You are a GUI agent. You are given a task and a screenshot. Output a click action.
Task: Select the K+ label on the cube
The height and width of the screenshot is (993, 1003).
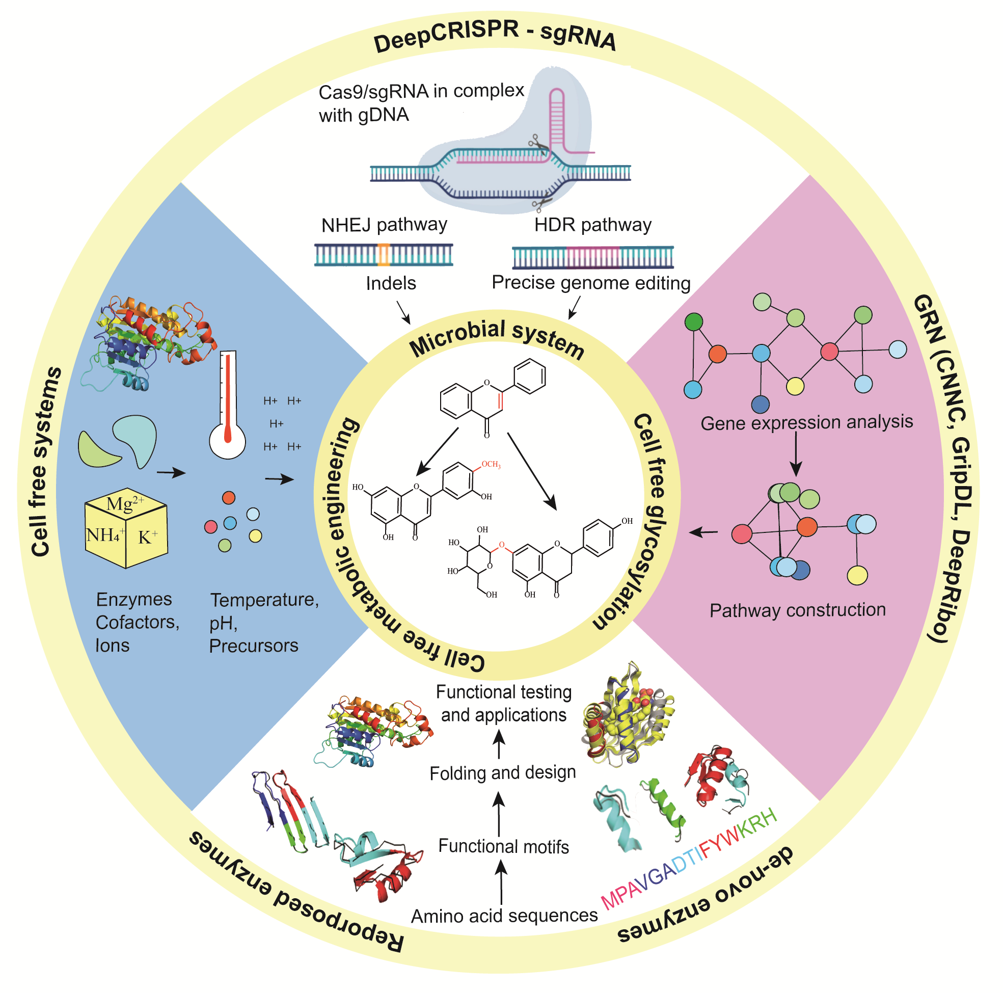tap(147, 537)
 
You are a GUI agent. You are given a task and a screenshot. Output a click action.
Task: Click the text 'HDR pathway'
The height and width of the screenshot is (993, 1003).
tap(592, 225)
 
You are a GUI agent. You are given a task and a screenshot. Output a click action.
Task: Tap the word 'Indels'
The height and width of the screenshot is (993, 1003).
tap(390, 283)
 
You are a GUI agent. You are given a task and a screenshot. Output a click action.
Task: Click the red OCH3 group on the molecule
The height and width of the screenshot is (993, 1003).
tap(490, 464)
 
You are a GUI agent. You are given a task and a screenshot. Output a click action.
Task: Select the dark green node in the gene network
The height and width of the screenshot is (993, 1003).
tap(694, 322)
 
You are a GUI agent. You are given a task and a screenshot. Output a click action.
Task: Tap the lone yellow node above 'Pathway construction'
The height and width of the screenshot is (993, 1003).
tap(857, 575)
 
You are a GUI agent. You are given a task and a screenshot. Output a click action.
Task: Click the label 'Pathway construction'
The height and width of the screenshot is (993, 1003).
tap(797, 610)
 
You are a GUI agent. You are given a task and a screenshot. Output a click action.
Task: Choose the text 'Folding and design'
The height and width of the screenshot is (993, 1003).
tap(503, 773)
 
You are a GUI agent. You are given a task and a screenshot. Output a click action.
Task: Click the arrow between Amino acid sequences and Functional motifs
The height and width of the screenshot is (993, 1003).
tap(501, 883)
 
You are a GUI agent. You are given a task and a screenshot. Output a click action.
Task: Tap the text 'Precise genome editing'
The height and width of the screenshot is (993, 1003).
tap(591, 283)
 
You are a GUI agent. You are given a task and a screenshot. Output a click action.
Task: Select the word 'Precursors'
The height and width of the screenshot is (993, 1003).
tap(253, 646)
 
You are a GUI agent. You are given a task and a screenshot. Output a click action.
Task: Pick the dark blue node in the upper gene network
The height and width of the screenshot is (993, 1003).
tap(760, 404)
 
